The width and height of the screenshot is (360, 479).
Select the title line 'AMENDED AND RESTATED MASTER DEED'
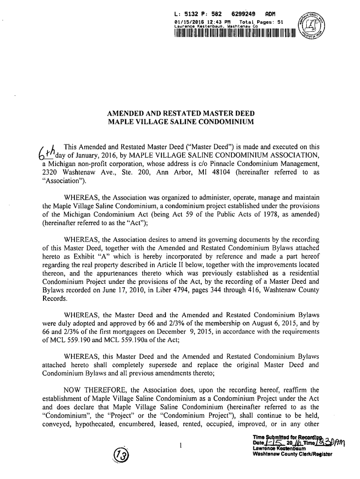click(180, 115)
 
